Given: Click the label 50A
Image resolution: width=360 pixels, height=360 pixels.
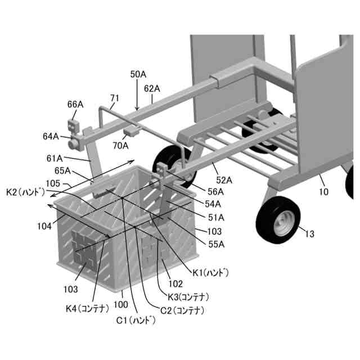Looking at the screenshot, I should pyautogui.click(x=138, y=74).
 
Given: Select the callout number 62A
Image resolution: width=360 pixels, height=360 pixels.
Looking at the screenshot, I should pyautogui.click(x=152, y=88).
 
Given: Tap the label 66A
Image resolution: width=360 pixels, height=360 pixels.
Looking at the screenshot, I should pyautogui.click(x=75, y=104).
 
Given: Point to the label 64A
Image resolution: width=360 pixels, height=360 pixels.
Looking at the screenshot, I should pyautogui.click(x=51, y=136).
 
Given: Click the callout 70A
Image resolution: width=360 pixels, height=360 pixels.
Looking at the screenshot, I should pyautogui.click(x=120, y=145).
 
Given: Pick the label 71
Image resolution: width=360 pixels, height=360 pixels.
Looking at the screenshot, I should pyautogui.click(x=114, y=98).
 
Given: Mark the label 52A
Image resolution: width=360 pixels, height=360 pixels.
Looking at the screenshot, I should pyautogui.click(x=224, y=180).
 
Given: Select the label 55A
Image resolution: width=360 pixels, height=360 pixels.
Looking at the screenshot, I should pyautogui.click(x=215, y=244).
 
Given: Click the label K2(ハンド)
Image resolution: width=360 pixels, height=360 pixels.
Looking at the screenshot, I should pyautogui.click(x=25, y=192).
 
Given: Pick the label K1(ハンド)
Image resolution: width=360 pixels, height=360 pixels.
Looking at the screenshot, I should pyautogui.click(x=210, y=273).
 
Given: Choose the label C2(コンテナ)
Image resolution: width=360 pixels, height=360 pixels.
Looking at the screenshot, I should pyautogui.click(x=181, y=310).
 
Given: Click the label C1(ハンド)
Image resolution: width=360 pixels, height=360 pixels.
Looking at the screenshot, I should pyautogui.click(x=135, y=321).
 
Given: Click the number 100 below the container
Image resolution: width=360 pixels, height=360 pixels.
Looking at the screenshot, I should pyautogui.click(x=120, y=304).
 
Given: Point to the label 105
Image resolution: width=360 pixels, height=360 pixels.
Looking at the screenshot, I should pyautogui.click(x=53, y=183).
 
